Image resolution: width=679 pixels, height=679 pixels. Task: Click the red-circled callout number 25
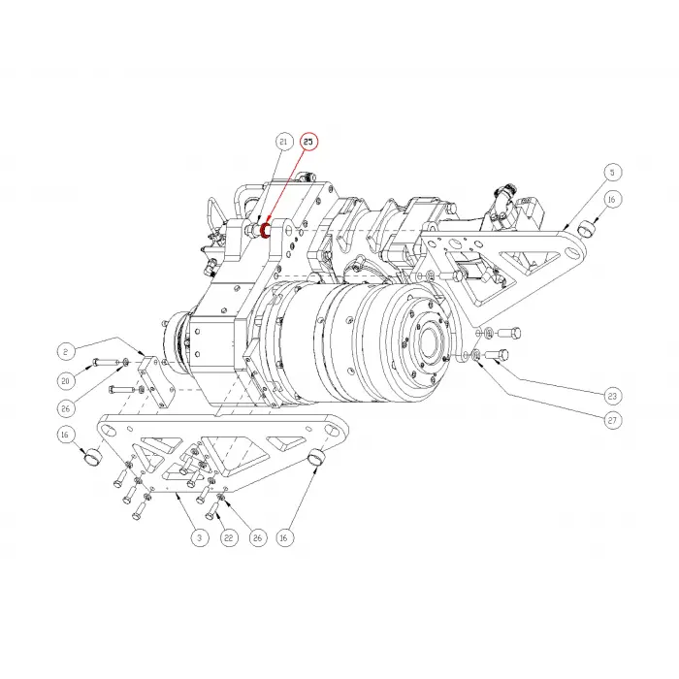click(308, 142)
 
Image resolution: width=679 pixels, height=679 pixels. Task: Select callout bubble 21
click(283, 142)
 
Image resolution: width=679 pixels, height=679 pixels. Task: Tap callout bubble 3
click(198, 536)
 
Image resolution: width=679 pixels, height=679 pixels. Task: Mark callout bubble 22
click(229, 536)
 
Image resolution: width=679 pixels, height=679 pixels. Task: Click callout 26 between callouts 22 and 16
click(257, 536)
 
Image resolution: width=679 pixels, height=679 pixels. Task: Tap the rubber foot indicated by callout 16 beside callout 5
click(586, 227)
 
